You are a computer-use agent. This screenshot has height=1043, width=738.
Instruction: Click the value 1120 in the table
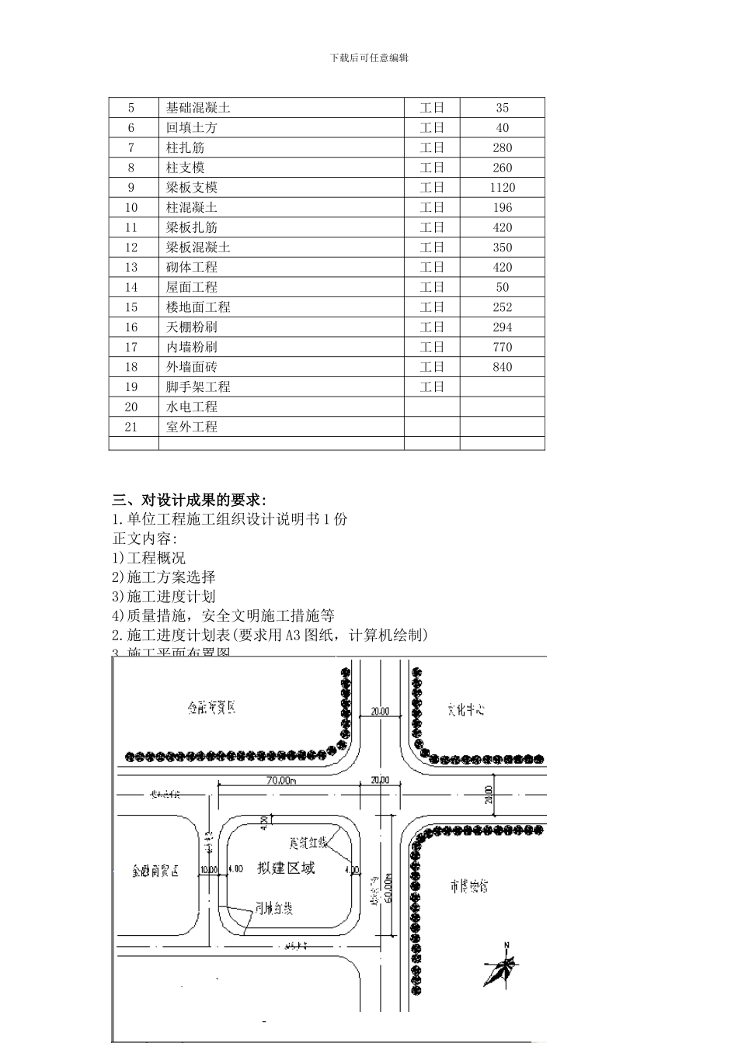click(x=502, y=188)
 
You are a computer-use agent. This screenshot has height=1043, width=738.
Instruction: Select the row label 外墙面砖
click(x=191, y=367)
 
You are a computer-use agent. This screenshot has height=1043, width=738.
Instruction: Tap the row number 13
click(x=131, y=267)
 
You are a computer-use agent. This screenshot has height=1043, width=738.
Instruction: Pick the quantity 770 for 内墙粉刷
click(x=502, y=347)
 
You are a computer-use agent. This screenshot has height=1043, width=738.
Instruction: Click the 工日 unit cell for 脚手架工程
click(x=432, y=387)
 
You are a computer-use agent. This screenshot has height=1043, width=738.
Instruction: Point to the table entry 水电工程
click(x=191, y=407)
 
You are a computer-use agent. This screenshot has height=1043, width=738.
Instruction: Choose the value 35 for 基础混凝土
click(x=502, y=108)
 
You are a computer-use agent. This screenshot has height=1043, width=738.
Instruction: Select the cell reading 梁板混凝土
click(x=198, y=248)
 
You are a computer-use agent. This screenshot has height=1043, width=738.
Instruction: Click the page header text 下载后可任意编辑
click(x=369, y=58)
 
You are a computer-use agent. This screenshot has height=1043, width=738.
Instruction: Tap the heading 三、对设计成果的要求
click(x=190, y=500)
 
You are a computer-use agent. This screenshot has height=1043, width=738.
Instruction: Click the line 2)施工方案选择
click(x=164, y=577)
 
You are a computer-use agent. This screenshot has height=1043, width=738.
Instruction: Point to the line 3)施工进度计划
click(x=164, y=597)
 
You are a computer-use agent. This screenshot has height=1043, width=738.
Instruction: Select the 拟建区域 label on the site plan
click(x=286, y=868)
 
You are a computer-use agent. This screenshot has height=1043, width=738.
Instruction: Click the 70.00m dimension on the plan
click(x=280, y=780)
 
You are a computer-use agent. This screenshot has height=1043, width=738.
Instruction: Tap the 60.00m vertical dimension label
click(x=388, y=889)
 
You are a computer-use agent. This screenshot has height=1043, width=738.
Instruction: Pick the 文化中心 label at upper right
click(x=466, y=709)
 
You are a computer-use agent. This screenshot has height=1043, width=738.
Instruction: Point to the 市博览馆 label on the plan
click(x=468, y=885)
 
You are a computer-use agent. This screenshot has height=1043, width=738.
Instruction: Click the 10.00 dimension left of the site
click(x=208, y=869)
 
